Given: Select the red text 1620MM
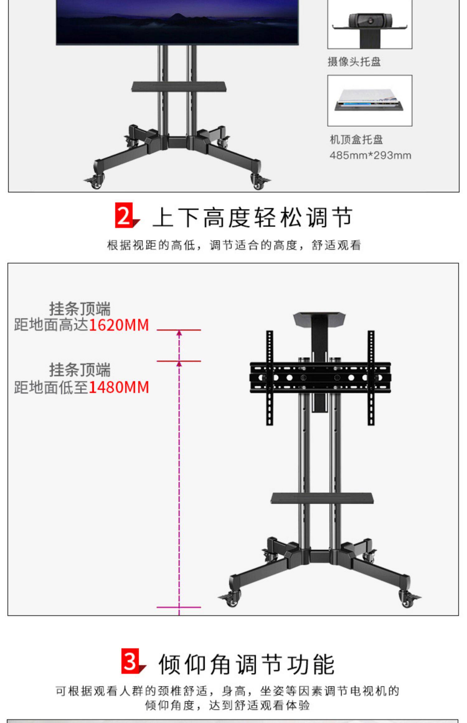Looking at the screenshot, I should [x=119, y=325].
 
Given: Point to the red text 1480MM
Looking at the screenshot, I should [x=119, y=387].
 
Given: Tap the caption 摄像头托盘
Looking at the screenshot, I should [x=354, y=62].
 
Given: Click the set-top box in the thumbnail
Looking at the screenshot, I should [x=369, y=99].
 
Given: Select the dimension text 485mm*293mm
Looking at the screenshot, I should [x=370, y=155].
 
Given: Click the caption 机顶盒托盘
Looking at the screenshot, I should [x=356, y=139].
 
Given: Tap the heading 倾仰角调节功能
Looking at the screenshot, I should [x=247, y=665].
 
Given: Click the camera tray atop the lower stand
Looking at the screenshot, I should [x=319, y=318].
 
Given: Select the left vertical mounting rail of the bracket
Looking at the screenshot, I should [x=269, y=377].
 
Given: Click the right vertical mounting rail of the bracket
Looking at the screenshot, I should [x=371, y=377].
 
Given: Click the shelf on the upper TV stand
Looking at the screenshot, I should [x=179, y=86].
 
